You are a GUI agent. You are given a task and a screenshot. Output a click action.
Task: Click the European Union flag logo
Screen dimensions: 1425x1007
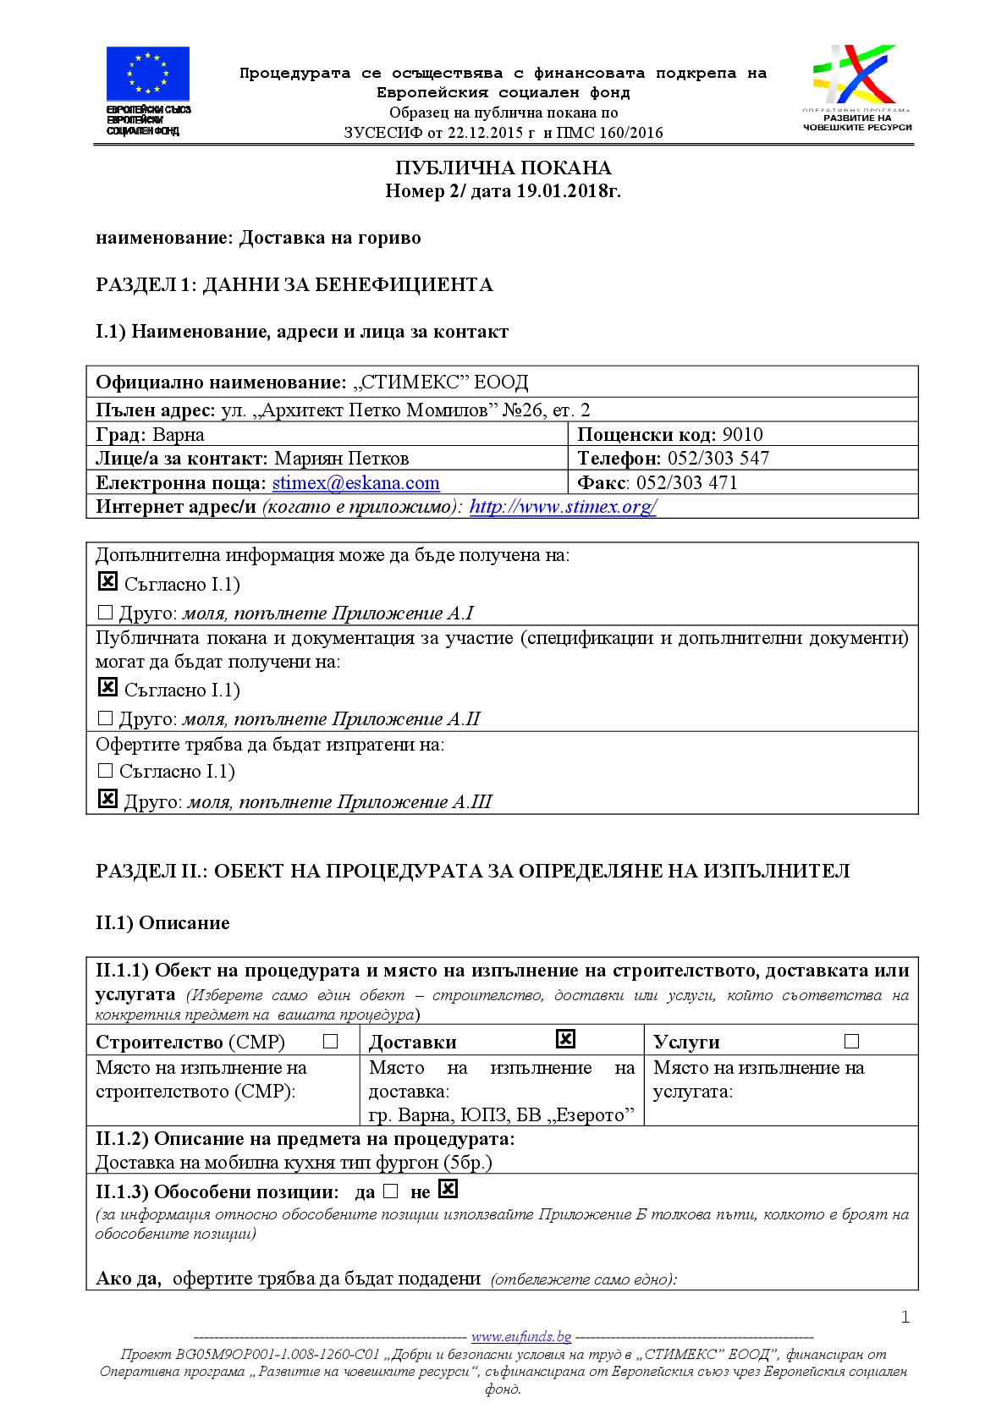(147, 74)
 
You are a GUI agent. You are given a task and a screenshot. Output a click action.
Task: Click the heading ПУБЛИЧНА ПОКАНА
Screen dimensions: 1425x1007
(503, 168)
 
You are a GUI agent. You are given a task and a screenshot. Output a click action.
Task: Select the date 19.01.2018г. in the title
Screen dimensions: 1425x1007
(569, 191)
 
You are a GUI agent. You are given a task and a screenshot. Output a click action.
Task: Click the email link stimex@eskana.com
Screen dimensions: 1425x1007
(355, 483)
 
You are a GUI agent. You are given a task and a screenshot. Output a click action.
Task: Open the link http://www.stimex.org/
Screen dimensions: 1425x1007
(563, 507)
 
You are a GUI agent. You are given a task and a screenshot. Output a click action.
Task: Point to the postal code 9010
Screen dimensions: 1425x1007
(742, 435)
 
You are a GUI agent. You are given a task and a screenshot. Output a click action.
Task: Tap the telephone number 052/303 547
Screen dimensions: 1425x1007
(718, 459)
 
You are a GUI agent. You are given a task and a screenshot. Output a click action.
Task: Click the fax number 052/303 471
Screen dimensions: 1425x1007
(686, 483)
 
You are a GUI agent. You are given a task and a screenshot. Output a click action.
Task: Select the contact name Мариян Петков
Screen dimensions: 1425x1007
(342, 459)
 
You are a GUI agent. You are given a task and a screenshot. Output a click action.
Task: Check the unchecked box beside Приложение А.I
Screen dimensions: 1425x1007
(106, 612)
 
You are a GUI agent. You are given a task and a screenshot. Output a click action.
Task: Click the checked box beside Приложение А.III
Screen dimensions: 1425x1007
(107, 798)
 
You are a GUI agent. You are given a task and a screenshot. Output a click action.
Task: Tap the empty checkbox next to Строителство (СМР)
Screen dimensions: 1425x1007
(331, 1042)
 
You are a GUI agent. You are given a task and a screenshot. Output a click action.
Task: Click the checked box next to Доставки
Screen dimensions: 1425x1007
(565, 1038)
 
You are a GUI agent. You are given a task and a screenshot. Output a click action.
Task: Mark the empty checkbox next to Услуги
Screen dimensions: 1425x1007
(851, 1042)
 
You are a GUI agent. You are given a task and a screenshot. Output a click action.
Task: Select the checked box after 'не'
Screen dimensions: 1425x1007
(448, 1189)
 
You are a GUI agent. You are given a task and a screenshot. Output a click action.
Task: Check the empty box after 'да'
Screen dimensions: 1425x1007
(390, 1191)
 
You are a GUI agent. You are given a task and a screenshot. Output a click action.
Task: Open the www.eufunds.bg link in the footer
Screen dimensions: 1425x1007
(521, 1337)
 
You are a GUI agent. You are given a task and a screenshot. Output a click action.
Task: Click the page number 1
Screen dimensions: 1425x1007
(905, 1317)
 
